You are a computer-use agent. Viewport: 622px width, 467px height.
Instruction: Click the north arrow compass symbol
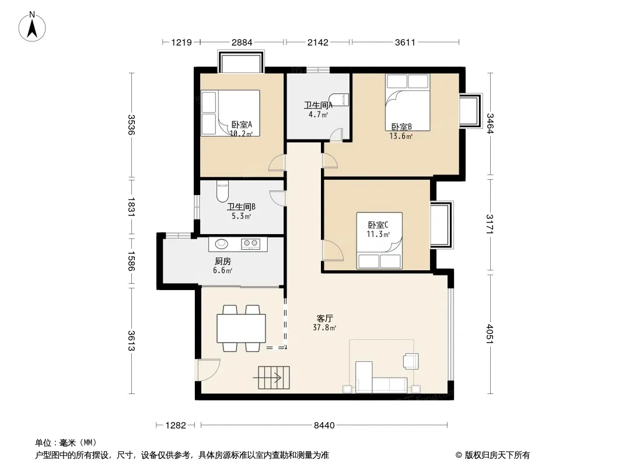32,27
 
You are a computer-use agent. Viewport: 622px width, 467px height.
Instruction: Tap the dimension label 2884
242,42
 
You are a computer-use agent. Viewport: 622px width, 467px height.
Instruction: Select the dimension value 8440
324,426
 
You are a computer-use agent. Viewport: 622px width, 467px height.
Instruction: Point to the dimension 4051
490,334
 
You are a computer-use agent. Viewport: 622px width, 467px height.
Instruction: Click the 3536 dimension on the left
131,124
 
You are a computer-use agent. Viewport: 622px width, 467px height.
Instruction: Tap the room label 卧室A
242,124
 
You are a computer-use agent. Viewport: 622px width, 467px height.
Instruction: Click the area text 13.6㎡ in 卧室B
401,136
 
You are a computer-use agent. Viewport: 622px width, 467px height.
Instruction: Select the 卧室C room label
378,225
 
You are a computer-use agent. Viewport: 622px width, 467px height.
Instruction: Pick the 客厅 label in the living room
324,318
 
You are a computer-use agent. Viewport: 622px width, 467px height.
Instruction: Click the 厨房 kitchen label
222,261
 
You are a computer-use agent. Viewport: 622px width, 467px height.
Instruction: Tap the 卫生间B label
241,207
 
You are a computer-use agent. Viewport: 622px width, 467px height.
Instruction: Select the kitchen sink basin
221,243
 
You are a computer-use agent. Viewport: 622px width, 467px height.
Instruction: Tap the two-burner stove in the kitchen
251,243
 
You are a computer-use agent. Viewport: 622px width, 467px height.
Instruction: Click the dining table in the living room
241,328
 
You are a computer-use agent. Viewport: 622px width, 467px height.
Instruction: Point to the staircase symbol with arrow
271,378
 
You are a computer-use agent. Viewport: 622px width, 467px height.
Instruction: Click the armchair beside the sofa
411,361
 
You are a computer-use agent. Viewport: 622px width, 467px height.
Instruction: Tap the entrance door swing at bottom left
208,370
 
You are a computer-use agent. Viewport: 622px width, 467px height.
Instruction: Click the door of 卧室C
333,250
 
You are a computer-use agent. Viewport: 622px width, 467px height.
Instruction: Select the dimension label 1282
176,426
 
